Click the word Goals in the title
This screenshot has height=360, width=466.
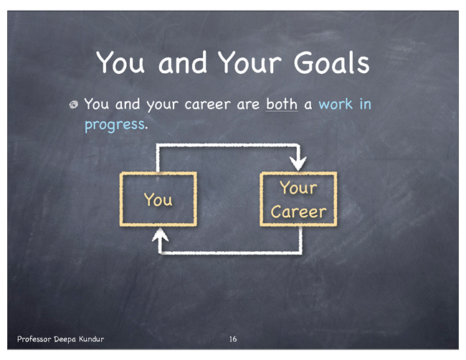tap(331, 62)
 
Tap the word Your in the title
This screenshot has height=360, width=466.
tap(249, 62)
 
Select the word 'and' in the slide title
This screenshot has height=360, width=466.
tap(182, 62)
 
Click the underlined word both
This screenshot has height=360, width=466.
tap(282, 104)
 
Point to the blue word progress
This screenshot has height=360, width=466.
tap(115, 125)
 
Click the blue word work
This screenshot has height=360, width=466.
tap(336, 104)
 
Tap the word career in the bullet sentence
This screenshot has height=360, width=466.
tap(207, 105)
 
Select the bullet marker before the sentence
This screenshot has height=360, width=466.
tap(73, 105)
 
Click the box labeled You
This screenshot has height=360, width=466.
tap(121, 199)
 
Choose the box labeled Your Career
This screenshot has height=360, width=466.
tap(261, 199)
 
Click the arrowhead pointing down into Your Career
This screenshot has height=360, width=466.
tap(298, 164)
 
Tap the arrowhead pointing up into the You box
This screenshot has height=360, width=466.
tap(160, 235)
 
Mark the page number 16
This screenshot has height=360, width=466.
tap(233, 339)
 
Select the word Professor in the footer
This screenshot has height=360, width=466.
tap(34, 339)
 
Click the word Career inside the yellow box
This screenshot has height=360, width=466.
tap(298, 212)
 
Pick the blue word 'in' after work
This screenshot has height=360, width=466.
tap(366, 104)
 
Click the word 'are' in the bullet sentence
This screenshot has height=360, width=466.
tap(248, 105)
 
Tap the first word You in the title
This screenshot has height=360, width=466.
tap(120, 62)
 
